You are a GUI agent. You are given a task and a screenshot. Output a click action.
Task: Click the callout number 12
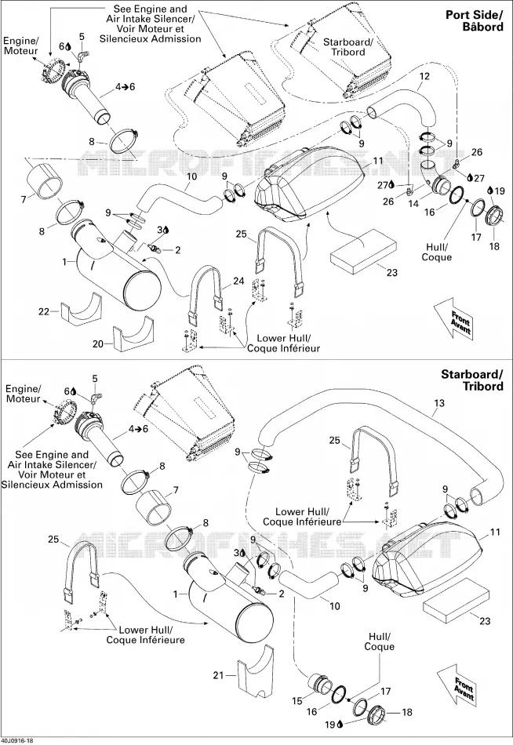(424, 76)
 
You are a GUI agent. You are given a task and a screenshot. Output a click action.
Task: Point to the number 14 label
(413, 204)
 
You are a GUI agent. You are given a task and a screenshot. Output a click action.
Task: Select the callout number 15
(297, 701)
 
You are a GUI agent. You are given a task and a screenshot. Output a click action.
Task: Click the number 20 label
(98, 343)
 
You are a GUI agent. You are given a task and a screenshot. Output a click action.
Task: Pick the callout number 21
(218, 675)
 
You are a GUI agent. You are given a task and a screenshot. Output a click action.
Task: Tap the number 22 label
(44, 311)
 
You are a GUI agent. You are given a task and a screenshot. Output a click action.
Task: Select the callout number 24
(238, 282)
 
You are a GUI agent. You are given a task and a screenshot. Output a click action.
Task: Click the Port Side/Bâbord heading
(474, 20)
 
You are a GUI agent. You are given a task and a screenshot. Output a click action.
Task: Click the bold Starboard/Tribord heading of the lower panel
(471, 380)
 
